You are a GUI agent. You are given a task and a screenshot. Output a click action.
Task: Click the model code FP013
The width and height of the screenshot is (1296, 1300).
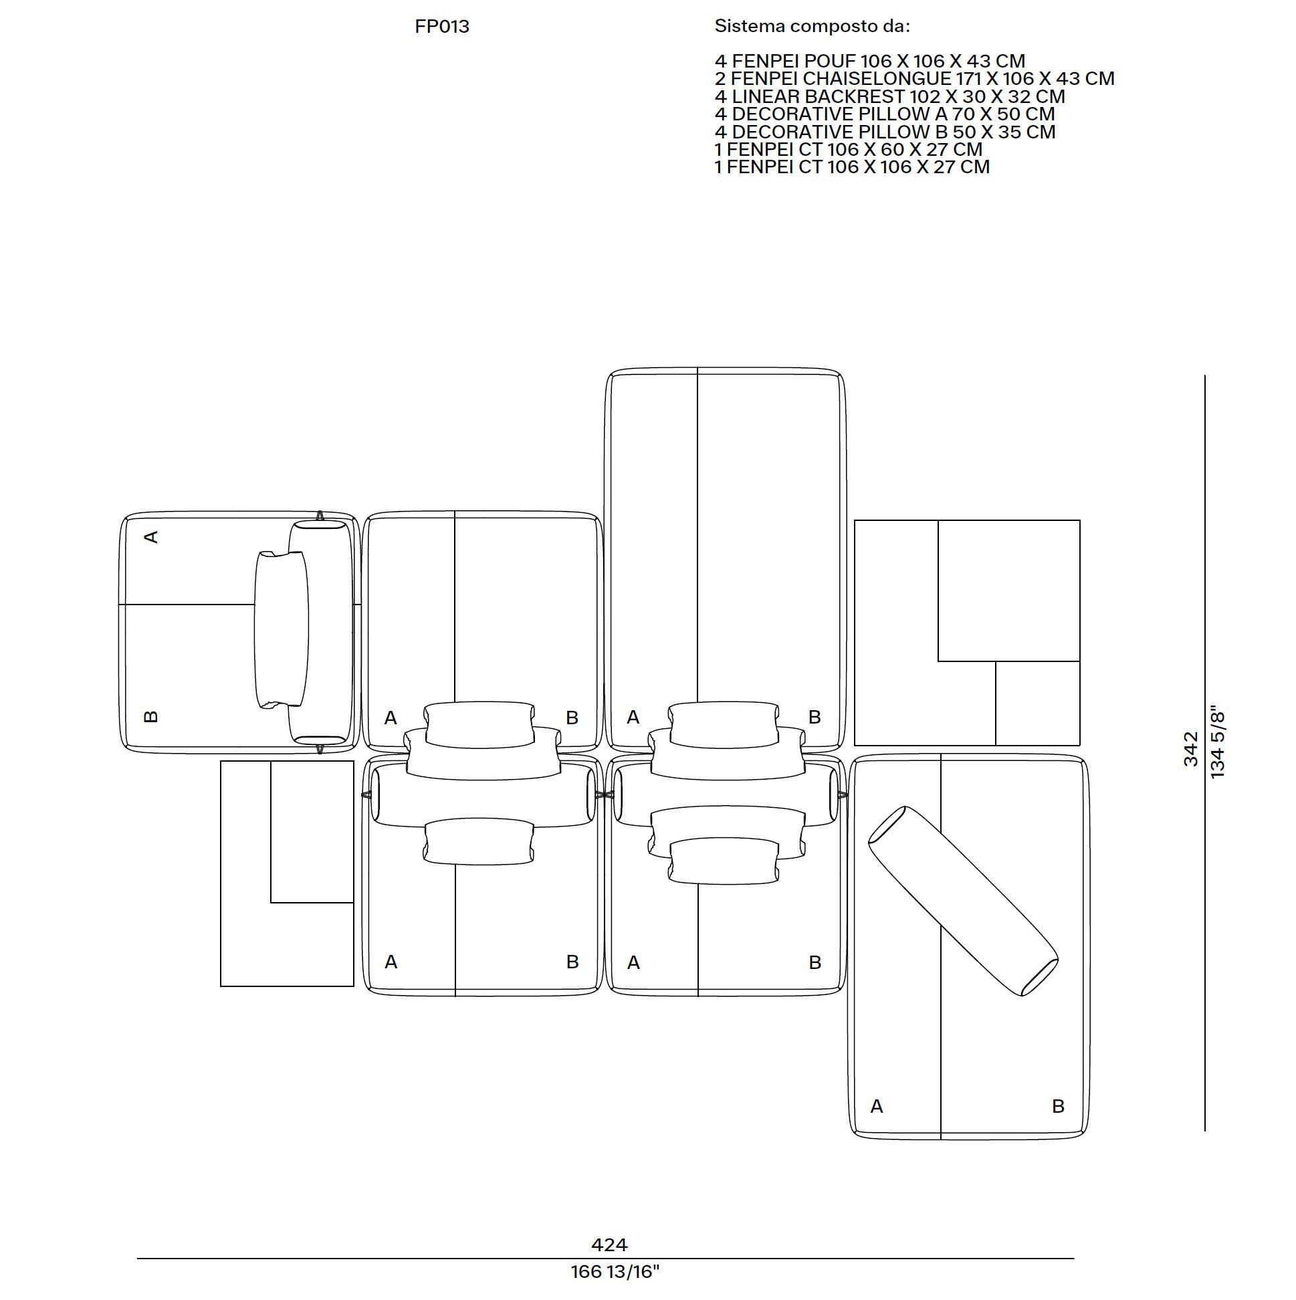pos(442,27)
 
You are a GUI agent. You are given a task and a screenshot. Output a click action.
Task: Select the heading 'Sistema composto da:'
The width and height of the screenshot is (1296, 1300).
pos(813,27)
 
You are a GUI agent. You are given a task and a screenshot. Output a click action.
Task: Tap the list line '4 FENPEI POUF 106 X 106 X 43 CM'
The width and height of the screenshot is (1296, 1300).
pos(870,62)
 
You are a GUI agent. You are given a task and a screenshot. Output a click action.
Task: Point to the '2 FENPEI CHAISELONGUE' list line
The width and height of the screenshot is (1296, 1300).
pos(914,79)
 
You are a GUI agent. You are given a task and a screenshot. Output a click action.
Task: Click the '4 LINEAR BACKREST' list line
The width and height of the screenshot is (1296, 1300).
pos(889,96)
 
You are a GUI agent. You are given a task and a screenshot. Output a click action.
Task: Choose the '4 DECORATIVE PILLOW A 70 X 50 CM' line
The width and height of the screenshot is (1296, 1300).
pos(885,114)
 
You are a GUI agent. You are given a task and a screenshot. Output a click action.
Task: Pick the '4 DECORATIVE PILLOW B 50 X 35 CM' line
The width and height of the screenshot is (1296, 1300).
pos(885,131)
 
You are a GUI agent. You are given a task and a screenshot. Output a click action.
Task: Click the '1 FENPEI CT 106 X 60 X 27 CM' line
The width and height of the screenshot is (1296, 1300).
pos(849,148)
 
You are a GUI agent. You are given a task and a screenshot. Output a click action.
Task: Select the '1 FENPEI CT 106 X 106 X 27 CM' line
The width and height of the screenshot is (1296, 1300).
pos(853,167)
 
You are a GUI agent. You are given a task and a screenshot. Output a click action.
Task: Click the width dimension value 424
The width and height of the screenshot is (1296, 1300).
pos(609,1245)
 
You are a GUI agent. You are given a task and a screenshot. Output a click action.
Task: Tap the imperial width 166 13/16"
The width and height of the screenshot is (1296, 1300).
pos(615,1273)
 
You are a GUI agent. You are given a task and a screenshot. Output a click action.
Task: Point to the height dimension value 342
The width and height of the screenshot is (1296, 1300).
pos(1191,749)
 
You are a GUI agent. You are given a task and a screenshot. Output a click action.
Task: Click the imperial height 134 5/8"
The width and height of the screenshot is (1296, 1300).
pos(1217,742)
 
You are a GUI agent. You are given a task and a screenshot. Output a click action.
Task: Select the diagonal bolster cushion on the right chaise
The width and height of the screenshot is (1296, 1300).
pos(963,901)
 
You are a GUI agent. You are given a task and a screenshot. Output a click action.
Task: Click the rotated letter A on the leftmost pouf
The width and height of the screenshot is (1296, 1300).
pos(151,537)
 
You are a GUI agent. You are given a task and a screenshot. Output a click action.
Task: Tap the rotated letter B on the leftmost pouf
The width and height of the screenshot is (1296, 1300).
pos(151,717)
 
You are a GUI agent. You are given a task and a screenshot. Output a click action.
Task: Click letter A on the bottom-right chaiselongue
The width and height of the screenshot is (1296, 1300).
pos(876,1106)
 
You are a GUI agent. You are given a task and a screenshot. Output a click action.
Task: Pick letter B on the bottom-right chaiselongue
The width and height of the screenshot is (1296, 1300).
pos(1058,1106)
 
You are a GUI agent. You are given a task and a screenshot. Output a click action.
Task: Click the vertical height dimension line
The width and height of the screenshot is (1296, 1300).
pos(1205,752)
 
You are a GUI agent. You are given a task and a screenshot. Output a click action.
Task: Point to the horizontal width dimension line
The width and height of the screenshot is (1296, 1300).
pos(606,1259)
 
